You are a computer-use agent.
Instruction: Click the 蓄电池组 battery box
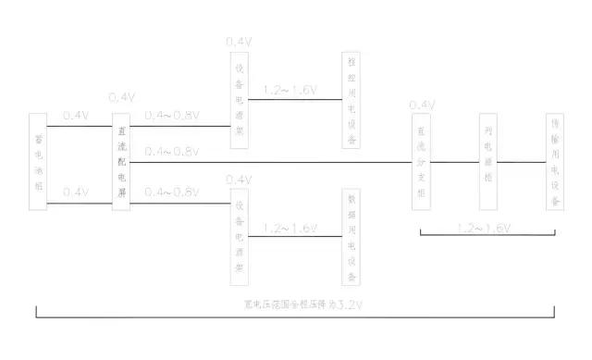pos(38,162)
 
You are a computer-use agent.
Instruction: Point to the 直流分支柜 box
pos(422,162)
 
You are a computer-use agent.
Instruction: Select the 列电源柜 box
pos(487,162)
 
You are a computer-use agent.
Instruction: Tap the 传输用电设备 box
pos(555,162)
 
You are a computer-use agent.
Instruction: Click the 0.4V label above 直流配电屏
pos(122,97)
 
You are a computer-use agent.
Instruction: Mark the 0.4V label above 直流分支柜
pos(422,105)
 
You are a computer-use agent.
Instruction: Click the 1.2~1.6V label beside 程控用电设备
pos(290,91)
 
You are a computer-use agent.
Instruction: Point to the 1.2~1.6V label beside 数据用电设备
pos(290,227)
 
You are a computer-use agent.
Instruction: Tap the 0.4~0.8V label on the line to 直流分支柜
pos(171,151)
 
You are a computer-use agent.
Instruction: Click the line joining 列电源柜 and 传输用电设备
pos(521,162)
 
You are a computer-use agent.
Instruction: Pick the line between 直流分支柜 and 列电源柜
pos(454,162)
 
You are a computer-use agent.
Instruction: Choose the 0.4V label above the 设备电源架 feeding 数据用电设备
pos(239,178)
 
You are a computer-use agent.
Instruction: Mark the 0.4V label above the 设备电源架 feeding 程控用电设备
pos(239,43)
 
